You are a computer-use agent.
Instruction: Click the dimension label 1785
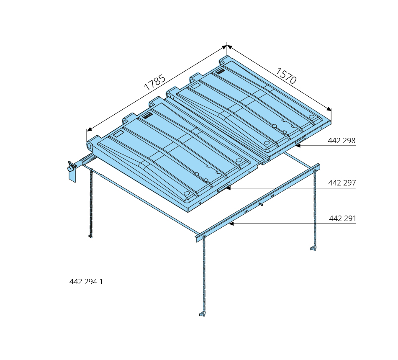tap(154, 82)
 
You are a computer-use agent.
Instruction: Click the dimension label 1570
tap(286, 76)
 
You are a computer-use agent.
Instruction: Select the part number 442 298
tap(342, 140)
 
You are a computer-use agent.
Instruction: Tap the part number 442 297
tap(342, 183)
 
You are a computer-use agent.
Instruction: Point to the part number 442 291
tap(342, 219)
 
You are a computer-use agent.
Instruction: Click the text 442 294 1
tap(86, 282)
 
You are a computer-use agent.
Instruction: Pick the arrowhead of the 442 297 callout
tap(228, 188)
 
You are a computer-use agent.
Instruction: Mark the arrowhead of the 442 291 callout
tap(231, 224)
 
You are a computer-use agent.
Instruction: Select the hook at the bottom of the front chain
tap(202, 314)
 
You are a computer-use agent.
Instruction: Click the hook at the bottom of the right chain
tap(313, 248)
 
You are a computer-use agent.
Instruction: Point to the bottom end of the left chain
tap(90, 237)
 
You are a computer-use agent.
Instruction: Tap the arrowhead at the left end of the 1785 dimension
tap(89, 130)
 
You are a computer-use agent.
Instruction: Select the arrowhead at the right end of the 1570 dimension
tap(329, 109)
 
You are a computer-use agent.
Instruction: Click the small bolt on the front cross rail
tap(261, 204)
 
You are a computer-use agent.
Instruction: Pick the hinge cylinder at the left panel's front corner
tap(90, 146)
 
